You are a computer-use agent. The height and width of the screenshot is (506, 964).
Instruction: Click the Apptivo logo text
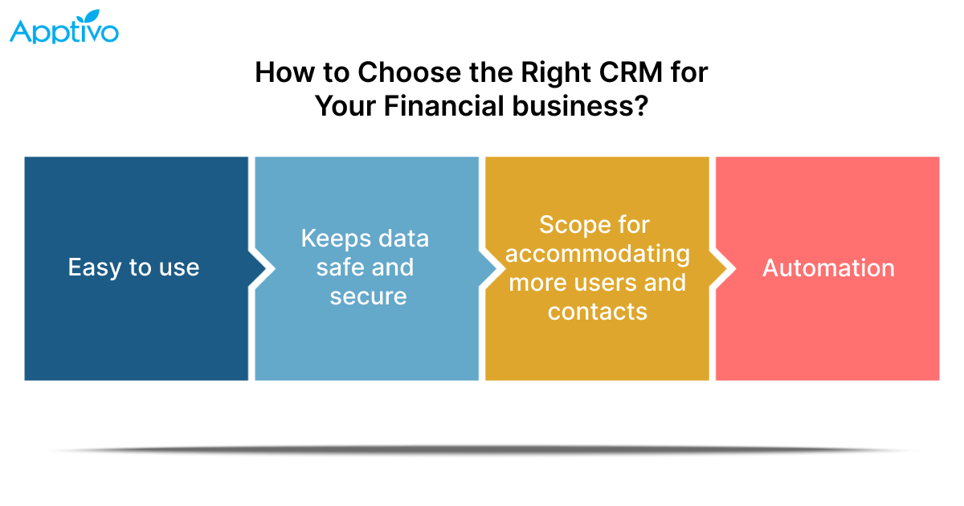pos(64,31)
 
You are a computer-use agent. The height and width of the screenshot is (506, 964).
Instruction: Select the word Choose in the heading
pos(409,71)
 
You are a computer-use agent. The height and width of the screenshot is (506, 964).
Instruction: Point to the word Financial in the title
pos(443,106)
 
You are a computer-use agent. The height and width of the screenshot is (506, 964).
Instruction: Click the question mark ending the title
pos(641,106)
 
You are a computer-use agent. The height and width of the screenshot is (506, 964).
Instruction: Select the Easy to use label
pos(134,267)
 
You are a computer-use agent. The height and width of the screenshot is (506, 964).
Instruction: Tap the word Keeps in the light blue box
pos(335,239)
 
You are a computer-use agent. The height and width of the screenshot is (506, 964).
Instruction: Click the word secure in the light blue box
pos(369,296)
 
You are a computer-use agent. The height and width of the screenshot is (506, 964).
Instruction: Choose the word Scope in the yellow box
pos(570,226)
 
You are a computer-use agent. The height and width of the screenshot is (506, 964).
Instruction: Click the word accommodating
pos(598,255)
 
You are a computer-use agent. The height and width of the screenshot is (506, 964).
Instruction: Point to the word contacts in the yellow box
pos(598,311)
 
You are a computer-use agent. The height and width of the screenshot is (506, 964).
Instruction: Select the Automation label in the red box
pos(828,267)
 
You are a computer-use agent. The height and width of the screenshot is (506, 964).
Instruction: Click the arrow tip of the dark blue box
pos(275,268)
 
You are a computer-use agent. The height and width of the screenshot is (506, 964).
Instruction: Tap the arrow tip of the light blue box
pos(504,268)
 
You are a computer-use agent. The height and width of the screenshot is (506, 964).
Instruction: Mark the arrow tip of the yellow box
pos(735,268)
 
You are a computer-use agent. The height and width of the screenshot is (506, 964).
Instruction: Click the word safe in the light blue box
pos(339,267)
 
